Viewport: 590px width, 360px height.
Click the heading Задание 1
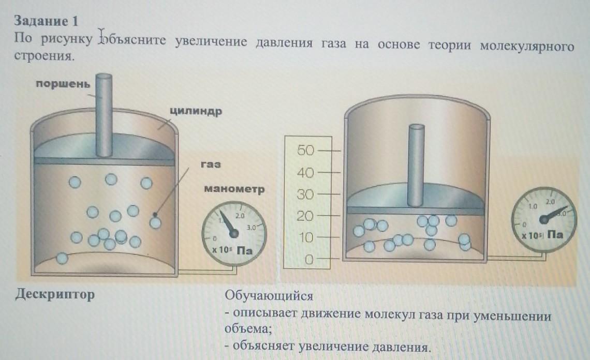[x=46, y=21]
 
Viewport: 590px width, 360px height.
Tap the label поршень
[x=63, y=84]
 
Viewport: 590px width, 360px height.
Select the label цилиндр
[x=195, y=112]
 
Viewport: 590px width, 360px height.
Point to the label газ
[x=210, y=164]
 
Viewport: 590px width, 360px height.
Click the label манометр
[x=234, y=189]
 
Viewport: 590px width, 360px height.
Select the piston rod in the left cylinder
[x=104, y=116]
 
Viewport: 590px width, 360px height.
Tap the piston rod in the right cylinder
[x=417, y=166]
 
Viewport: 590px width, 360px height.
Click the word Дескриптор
[x=55, y=295]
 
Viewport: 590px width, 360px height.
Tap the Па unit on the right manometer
[x=555, y=234]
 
